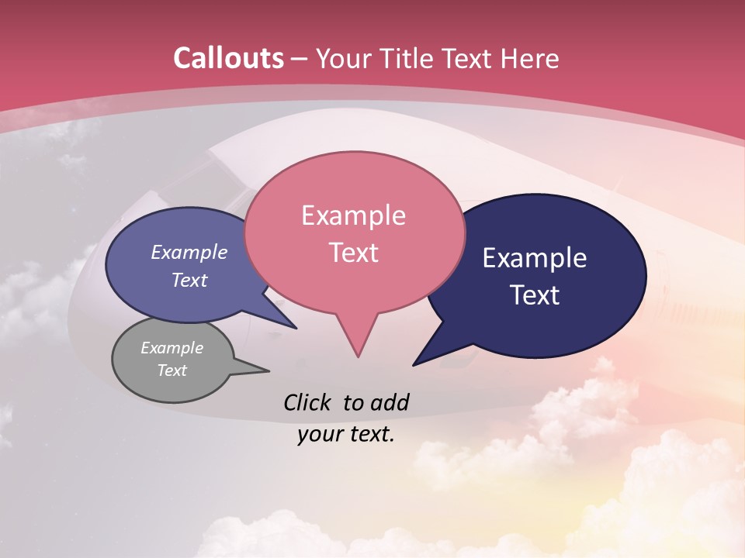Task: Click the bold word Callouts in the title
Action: (x=228, y=58)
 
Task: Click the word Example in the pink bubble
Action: (x=353, y=215)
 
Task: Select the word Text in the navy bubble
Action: (x=535, y=295)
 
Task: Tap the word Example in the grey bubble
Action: (x=172, y=348)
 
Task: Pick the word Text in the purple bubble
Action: (x=189, y=281)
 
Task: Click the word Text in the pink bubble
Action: (x=353, y=253)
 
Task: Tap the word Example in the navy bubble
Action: (x=535, y=258)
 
